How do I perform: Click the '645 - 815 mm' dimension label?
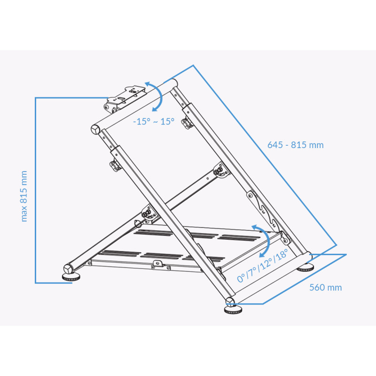click(x=296, y=145)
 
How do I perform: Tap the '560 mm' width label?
click(x=325, y=287)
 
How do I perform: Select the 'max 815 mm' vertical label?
click(x=24, y=196)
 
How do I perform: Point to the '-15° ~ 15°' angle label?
click(x=154, y=122)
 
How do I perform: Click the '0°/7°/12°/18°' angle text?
click(x=262, y=266)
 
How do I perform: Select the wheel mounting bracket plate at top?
click(x=125, y=99)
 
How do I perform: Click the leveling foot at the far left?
click(x=71, y=278)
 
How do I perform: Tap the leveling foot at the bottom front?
click(x=233, y=310)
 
